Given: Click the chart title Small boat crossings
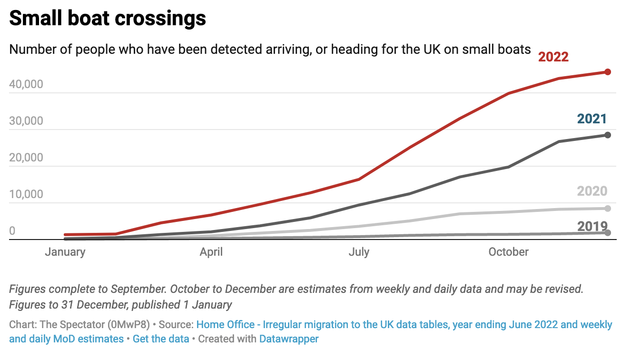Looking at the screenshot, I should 108,19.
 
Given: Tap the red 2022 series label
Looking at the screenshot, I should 553,57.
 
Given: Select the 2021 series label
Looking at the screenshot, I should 592,119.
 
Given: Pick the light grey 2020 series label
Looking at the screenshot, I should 592,191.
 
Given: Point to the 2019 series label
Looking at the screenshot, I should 592,227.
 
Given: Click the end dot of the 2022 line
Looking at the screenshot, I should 608,72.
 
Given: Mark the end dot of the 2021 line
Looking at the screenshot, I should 608,135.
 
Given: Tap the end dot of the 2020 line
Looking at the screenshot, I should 608,208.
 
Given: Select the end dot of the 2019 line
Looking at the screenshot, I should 608,232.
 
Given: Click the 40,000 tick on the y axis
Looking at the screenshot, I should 33,85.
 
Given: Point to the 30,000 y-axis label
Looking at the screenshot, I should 33,121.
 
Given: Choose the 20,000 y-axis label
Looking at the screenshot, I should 33,158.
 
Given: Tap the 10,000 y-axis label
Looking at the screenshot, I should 33,195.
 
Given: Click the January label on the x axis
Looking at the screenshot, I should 65,252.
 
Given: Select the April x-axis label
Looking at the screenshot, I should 211,252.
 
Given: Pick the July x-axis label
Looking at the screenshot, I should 359,252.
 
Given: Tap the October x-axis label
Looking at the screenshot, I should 508,252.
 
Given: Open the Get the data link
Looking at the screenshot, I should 161,339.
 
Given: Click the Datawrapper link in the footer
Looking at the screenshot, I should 289,339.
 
